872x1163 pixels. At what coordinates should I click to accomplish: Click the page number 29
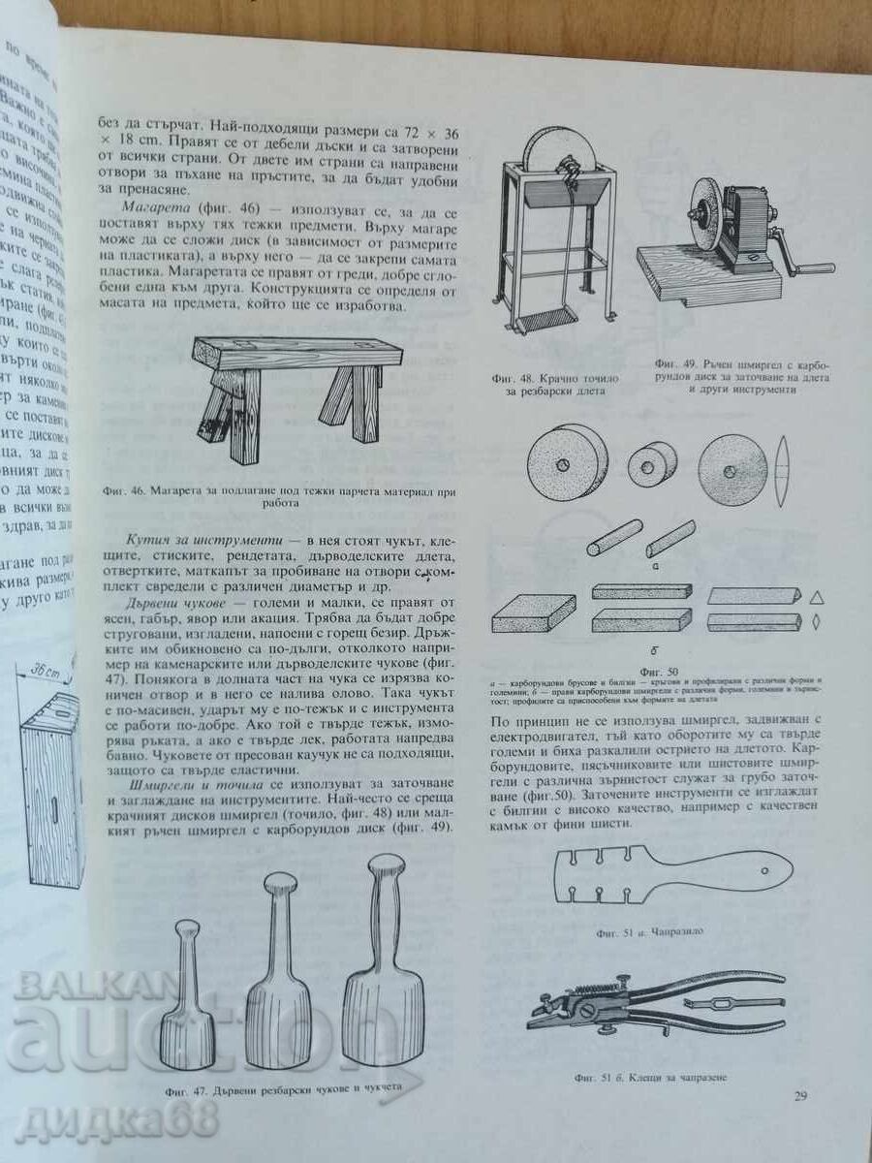(x=800, y=1096)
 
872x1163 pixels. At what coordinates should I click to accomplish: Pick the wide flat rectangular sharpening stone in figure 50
(x=536, y=613)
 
